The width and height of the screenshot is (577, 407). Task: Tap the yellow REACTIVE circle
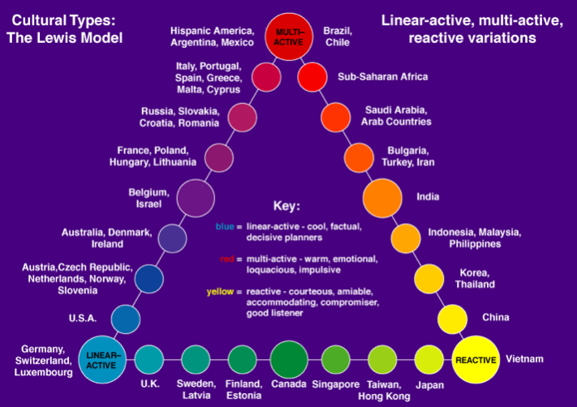(475, 359)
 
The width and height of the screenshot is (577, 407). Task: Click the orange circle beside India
(382, 197)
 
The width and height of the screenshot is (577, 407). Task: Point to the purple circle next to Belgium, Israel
(196, 198)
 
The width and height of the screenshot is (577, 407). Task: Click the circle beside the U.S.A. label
(126, 319)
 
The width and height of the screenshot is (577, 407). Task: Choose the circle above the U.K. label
(149, 358)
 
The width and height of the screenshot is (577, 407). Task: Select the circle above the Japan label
(429, 358)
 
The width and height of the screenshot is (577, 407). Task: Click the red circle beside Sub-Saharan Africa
(312, 77)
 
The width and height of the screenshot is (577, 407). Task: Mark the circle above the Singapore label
(335, 358)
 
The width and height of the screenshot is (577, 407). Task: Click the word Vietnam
(524, 358)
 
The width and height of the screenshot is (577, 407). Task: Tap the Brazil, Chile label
(337, 36)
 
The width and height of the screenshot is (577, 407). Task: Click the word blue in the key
(227, 228)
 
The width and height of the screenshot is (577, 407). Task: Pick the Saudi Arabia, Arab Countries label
(396, 116)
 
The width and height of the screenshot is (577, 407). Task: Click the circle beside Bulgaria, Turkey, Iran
(358, 156)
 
